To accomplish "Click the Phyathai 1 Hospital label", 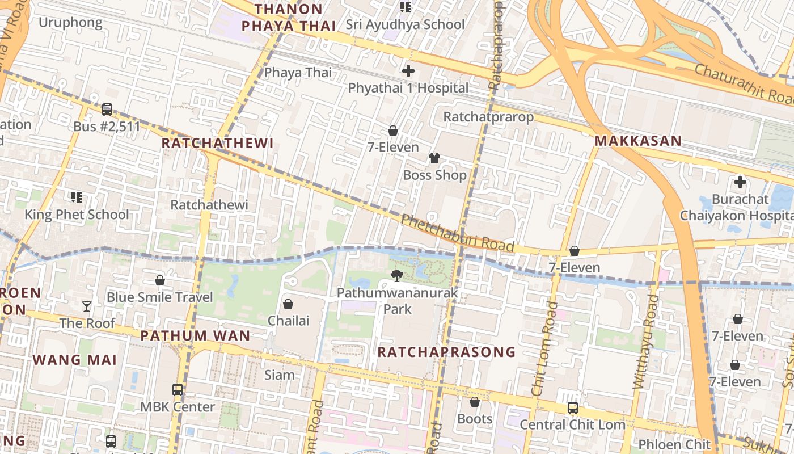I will (x=408, y=88).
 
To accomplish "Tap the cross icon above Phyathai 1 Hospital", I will (x=408, y=71).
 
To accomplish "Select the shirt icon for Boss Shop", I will (x=434, y=158).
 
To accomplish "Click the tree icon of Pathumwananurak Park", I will (x=397, y=276).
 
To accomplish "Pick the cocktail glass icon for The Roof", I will (x=87, y=306).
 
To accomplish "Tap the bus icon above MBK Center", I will (x=178, y=390).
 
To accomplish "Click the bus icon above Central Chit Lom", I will (x=573, y=408).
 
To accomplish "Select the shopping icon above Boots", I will (x=475, y=402).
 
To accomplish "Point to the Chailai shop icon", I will (x=288, y=304).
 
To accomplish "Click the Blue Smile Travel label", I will (x=160, y=297).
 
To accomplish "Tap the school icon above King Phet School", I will (x=77, y=197).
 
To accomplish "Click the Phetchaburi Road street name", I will (x=457, y=233).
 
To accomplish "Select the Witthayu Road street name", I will (x=646, y=342).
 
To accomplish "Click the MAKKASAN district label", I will (x=638, y=141).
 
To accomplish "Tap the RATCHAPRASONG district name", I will (x=446, y=352).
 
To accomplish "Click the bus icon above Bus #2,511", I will (x=107, y=110).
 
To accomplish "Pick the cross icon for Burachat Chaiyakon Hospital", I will (x=740, y=182).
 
